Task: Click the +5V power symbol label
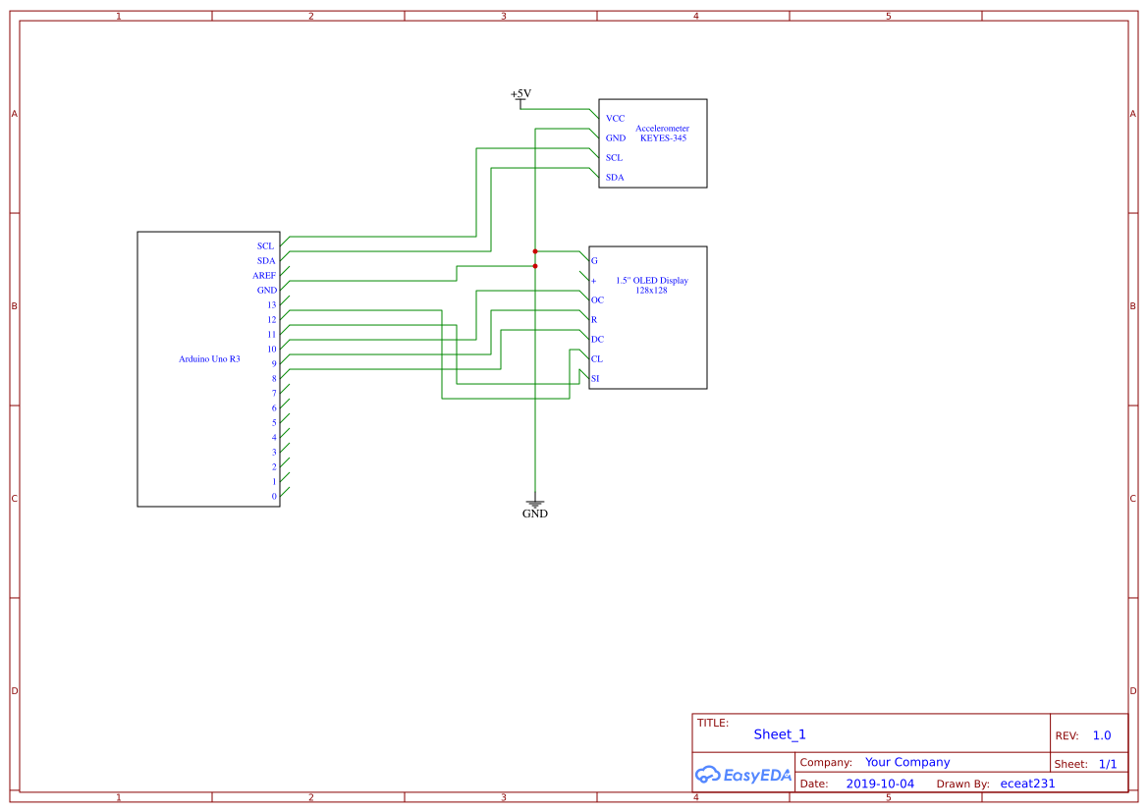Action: click(x=520, y=94)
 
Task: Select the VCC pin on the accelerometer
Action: click(x=615, y=119)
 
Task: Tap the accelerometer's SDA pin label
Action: click(x=614, y=178)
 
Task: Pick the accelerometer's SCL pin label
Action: click(x=614, y=158)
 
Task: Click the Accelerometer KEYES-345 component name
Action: click(x=662, y=134)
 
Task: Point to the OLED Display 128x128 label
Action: click(x=651, y=286)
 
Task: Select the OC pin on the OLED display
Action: click(x=597, y=300)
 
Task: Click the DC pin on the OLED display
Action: click(x=597, y=340)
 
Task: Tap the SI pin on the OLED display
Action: click(x=595, y=379)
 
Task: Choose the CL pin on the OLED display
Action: click(x=596, y=359)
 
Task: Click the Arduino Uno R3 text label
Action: click(x=209, y=359)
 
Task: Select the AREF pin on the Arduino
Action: click(x=264, y=276)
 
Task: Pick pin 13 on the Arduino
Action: click(x=271, y=305)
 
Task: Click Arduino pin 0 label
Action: click(x=274, y=497)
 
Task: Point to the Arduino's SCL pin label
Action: click(x=265, y=246)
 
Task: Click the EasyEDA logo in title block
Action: click(x=742, y=775)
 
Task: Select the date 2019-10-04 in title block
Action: click(x=879, y=784)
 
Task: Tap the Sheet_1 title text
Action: click(x=779, y=734)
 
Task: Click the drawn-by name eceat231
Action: click(x=1026, y=784)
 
